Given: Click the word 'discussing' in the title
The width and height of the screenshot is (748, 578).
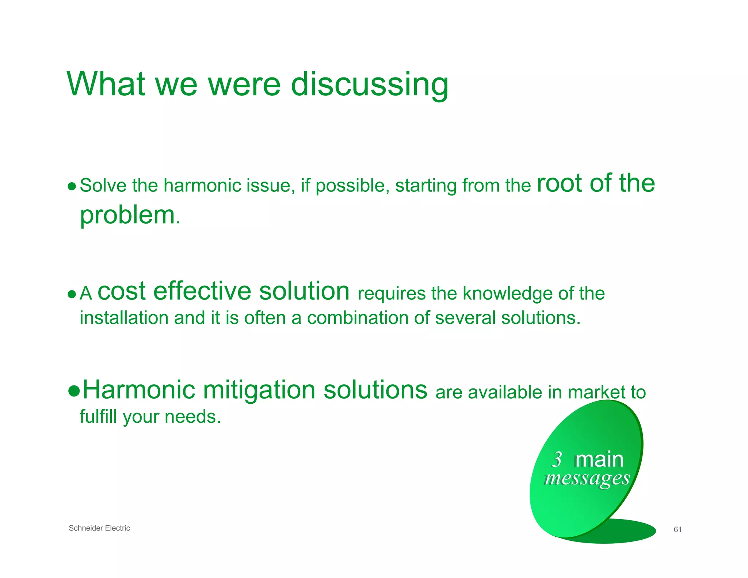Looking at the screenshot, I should click(369, 85).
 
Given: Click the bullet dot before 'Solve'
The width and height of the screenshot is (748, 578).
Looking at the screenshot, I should click(72, 187).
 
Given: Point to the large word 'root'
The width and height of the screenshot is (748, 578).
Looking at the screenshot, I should click(559, 183).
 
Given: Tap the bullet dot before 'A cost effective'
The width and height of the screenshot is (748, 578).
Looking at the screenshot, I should click(72, 294).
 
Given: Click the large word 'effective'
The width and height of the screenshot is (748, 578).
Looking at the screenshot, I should click(202, 291).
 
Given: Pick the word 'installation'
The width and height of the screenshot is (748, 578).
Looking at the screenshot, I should click(124, 317).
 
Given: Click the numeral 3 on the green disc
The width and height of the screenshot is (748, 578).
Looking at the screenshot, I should click(557, 459).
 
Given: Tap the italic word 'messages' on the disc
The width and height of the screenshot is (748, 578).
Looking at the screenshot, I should click(587, 478).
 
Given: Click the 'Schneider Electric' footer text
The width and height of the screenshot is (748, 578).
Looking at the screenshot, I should click(99, 528).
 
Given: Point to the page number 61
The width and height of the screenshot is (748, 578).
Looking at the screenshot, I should click(678, 529).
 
